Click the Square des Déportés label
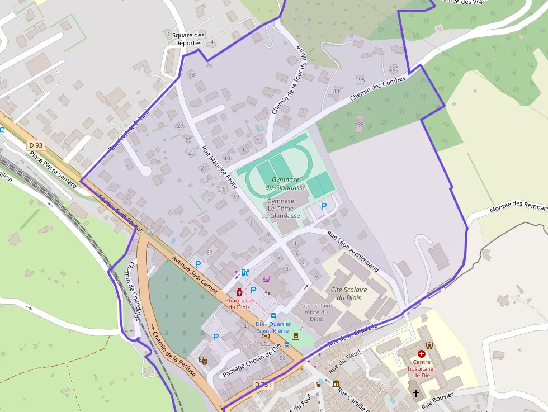[188, 39]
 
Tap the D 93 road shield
[35, 145]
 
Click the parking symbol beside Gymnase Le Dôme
[323, 206]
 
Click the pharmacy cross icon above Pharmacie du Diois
[239, 292]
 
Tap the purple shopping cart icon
[266, 279]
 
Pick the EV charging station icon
[244, 273]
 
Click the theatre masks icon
[202, 361]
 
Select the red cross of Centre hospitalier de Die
[422, 354]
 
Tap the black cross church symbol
[415, 394]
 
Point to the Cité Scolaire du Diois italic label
[349, 293]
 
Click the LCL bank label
[266, 344]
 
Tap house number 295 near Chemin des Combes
[394, 69]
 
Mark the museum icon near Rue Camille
[336, 383]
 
